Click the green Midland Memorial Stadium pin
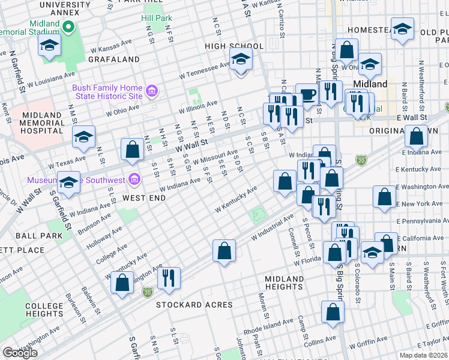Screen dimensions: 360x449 click(x=68, y=27)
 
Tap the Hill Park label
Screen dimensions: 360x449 click(x=156, y=18)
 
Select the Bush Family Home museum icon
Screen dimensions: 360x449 click(x=152, y=92)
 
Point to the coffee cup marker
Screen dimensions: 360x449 click(x=307, y=95)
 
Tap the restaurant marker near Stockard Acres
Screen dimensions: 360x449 click(x=169, y=278)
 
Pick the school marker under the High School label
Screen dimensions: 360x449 click(x=241, y=59)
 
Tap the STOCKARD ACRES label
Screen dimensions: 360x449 click(x=194, y=305)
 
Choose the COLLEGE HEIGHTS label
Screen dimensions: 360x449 click(x=44, y=310)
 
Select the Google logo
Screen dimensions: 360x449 click(x=20, y=352)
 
